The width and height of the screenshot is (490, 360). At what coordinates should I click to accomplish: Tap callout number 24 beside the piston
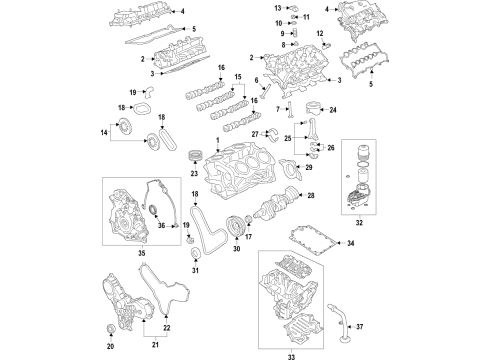pyautogui.click(x=333, y=109)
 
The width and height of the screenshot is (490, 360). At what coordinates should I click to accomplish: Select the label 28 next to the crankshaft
pyautogui.click(x=311, y=196)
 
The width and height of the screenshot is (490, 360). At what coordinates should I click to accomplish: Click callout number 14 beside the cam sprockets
pyautogui.click(x=104, y=132)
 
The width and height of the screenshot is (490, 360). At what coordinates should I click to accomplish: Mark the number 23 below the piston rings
pyautogui.click(x=195, y=175)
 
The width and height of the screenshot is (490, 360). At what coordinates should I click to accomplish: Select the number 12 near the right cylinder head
pyautogui.click(x=322, y=35)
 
